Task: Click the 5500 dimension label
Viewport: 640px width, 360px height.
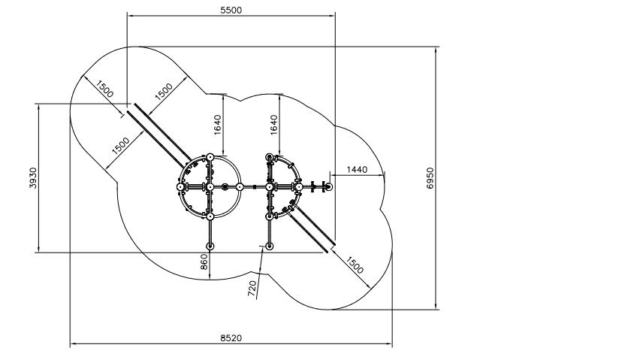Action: coord(231,11)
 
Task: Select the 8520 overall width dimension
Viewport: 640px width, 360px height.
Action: coord(231,338)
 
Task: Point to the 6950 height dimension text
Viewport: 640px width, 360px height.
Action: coord(430,178)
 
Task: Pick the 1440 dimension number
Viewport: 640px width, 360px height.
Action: coord(357,169)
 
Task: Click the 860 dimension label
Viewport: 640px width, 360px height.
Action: coord(204,262)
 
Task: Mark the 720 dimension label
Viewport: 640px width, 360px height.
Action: coord(252,289)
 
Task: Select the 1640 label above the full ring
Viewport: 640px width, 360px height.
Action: coord(217,125)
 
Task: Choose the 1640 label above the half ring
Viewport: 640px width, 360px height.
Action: coord(273,125)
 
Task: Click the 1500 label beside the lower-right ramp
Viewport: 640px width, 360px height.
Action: coord(354,265)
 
